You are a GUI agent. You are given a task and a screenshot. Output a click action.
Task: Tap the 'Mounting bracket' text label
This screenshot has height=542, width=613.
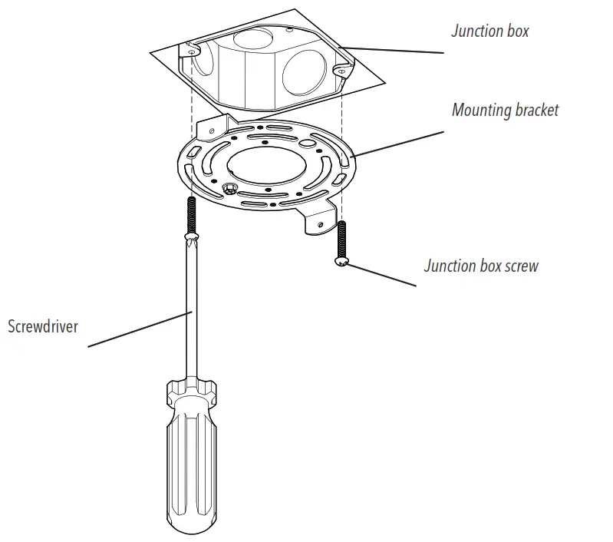505,110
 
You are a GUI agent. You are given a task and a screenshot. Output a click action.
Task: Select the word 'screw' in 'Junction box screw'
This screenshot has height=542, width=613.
519,266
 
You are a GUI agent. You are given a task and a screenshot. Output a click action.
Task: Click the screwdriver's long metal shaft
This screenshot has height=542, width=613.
188,307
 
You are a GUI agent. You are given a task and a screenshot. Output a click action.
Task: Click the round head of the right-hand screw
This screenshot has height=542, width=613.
341,263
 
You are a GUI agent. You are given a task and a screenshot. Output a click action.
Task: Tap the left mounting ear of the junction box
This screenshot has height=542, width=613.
190,51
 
